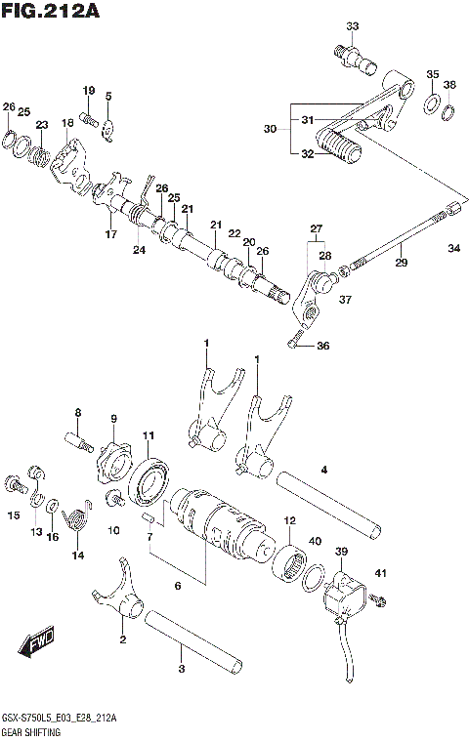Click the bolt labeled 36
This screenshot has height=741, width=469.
click(297, 343)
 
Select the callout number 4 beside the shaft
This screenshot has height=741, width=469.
click(323, 470)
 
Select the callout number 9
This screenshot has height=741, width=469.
click(113, 419)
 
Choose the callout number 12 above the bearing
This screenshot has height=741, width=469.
click(289, 521)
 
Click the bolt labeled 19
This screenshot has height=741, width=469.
click(87, 119)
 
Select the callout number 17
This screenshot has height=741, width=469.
click(110, 234)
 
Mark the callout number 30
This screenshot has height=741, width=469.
click(271, 129)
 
